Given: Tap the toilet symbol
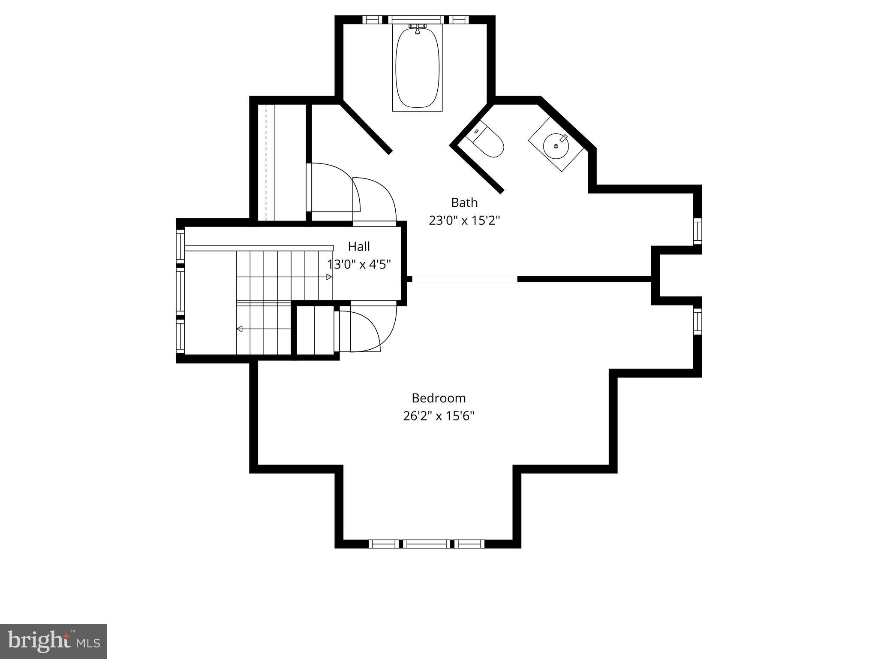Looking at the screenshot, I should click(489, 142).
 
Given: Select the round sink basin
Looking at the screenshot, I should click(556, 146).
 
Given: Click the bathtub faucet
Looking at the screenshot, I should click(417, 29).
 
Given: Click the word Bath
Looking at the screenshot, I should click(464, 202).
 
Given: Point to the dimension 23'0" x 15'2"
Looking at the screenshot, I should click(464, 221).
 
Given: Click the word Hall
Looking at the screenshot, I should click(359, 246).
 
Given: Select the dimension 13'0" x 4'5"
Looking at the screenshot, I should click(359, 264).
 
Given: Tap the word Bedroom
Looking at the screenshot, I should click(438, 398).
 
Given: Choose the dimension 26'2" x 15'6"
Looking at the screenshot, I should click(438, 416).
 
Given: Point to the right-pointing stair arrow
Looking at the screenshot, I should click(329, 277).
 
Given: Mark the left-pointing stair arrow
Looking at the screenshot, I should click(240, 329).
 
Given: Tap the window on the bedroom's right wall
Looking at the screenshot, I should click(698, 321).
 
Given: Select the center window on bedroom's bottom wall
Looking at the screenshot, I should click(427, 544).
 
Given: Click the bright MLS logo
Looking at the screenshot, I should click(54, 641).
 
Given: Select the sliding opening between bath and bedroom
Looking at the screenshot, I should click(464, 279).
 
